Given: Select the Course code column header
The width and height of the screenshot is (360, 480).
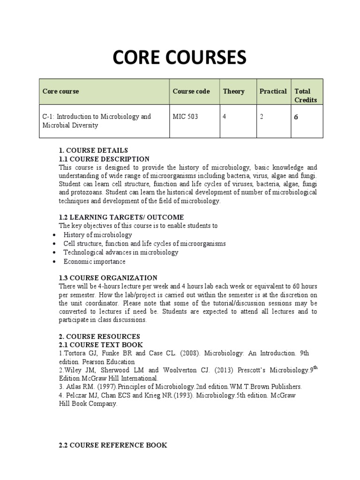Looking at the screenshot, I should [191, 91].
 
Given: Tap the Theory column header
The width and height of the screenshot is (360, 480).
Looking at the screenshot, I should [233, 91].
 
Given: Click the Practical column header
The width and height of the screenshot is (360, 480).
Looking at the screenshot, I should [273, 91].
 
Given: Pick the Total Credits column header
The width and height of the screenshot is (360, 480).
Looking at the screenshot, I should [306, 96].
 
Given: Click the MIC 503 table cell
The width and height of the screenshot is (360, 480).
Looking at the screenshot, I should [185, 116].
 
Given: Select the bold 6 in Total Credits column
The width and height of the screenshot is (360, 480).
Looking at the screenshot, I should [296, 117].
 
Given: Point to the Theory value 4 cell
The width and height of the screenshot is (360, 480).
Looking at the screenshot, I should [225, 116].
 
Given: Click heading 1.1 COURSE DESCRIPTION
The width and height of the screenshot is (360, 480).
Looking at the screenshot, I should [104, 159].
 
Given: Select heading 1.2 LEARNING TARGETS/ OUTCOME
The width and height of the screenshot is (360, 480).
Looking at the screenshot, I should [121, 217].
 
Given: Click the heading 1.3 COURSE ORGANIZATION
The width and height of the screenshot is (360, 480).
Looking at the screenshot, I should [108, 278].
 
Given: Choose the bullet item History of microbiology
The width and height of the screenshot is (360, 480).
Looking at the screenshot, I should [97, 235].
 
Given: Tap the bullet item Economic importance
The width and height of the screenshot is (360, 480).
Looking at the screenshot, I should [94, 262].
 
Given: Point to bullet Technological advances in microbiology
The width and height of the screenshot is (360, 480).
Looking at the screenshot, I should [121, 253].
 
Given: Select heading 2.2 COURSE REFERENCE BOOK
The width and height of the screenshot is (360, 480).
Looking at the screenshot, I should [113, 445].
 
